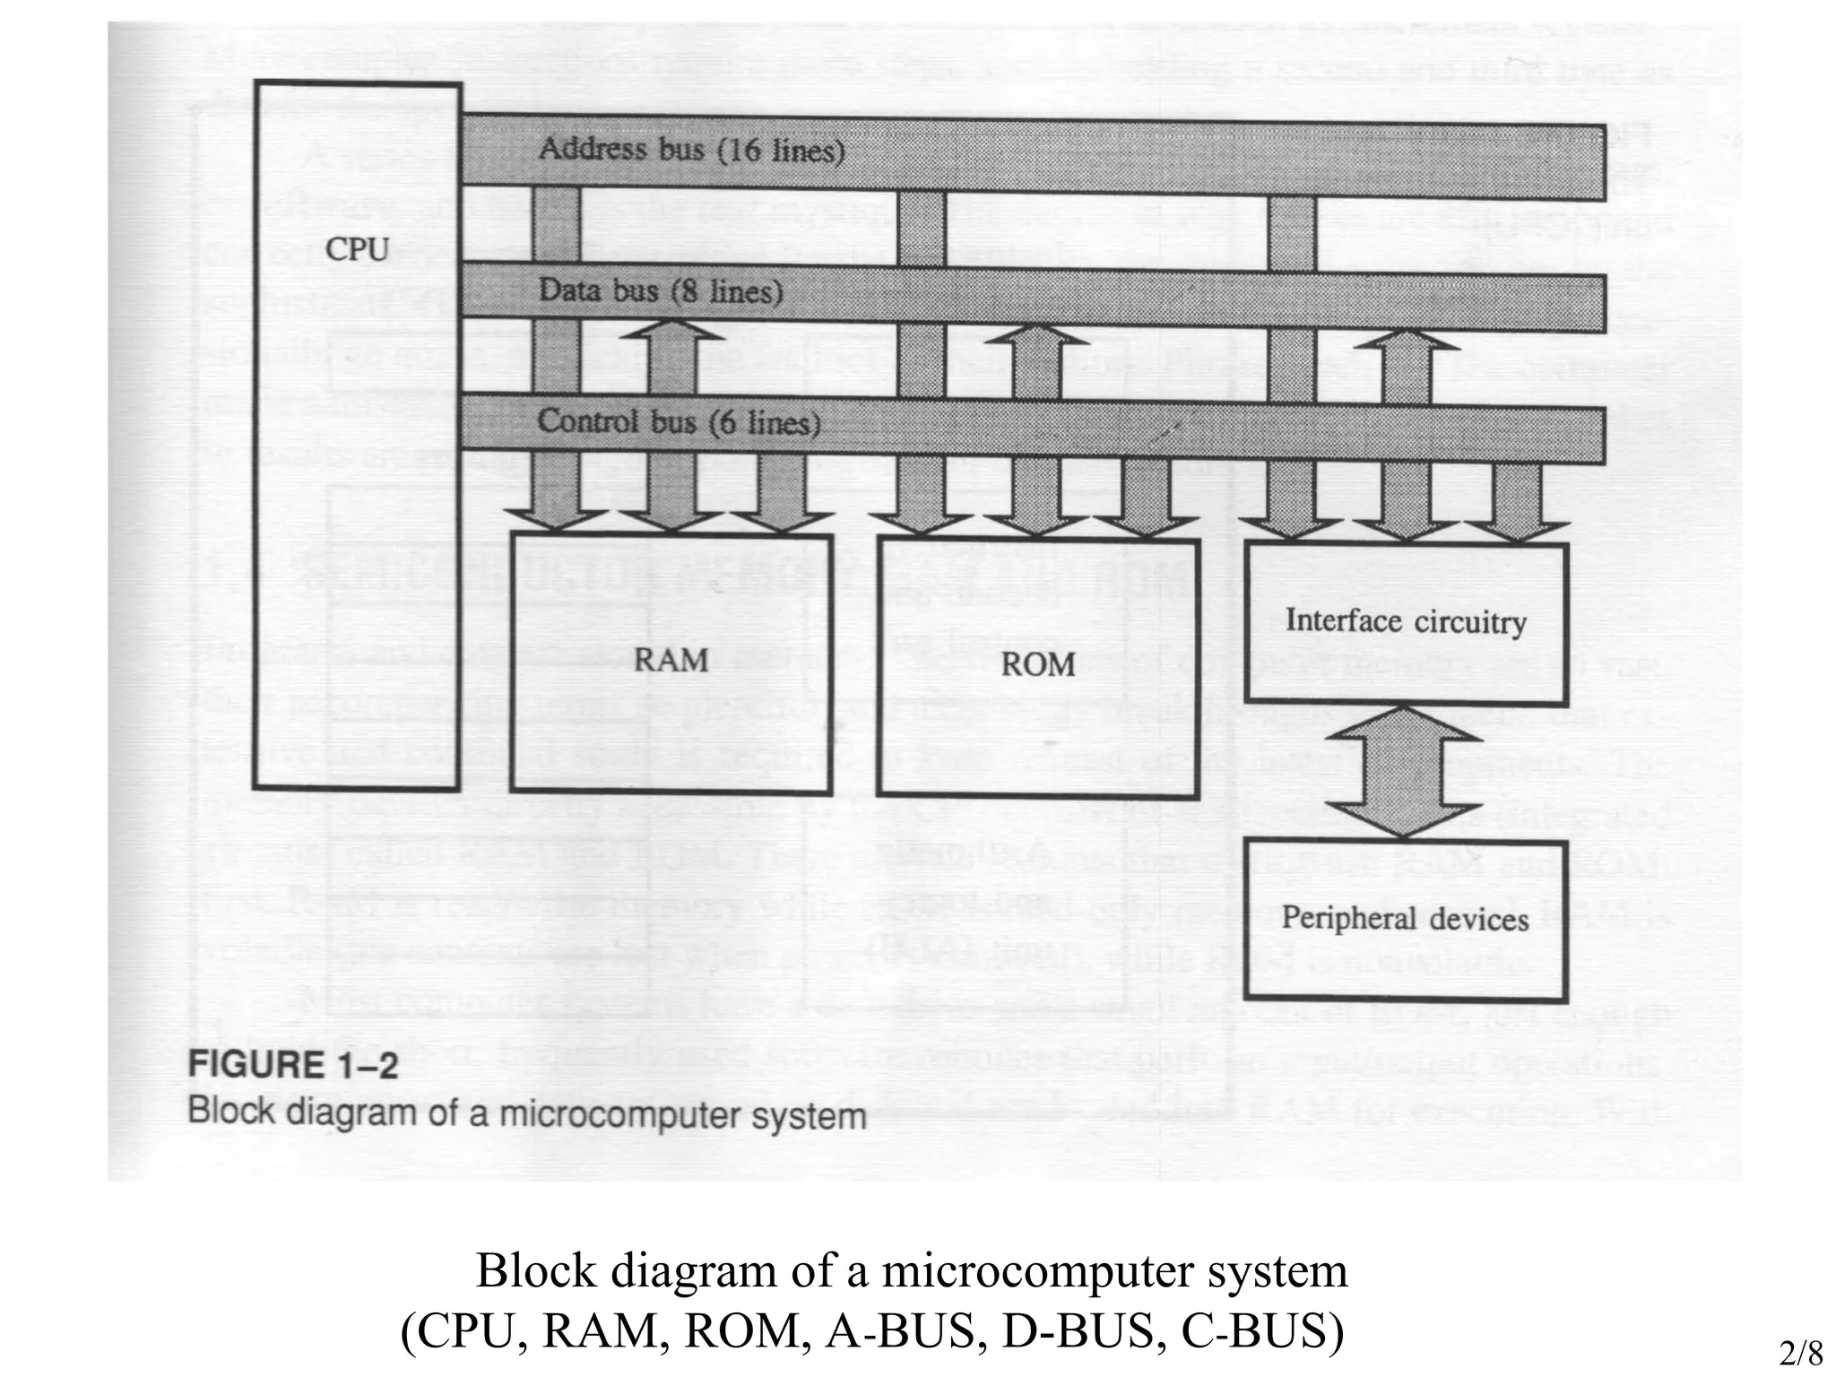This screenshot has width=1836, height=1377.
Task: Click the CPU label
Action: tap(357, 248)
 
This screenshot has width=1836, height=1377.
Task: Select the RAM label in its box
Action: tap(671, 661)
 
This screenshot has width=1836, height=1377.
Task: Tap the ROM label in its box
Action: tap(1037, 664)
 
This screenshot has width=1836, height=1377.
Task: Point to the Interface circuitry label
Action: tap(1405, 621)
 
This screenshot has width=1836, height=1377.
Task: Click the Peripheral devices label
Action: tap(1405, 919)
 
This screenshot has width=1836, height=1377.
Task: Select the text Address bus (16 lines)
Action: tap(691, 150)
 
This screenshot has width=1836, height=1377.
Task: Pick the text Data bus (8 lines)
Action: tap(661, 291)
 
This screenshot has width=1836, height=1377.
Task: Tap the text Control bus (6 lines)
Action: tap(679, 422)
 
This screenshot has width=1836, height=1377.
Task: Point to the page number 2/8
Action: tap(1801, 1353)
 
